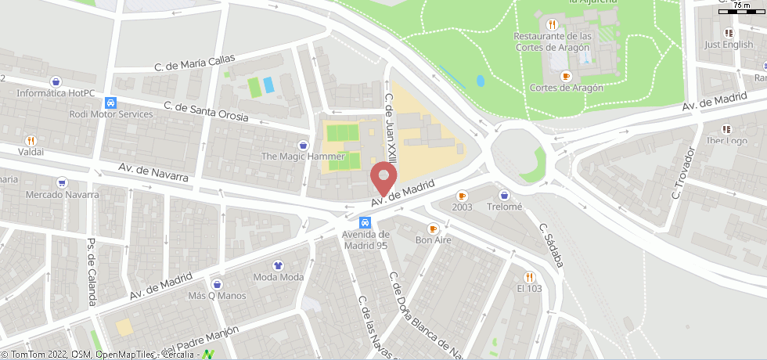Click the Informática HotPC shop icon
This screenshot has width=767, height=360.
[55, 81]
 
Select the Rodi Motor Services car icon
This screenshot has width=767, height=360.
[112, 103]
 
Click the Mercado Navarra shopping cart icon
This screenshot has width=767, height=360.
[62, 182]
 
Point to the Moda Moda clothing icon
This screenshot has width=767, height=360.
[279, 265]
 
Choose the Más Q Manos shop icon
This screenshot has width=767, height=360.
[216, 284]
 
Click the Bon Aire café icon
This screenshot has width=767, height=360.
[433, 229]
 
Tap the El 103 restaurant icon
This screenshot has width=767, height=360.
[529, 276]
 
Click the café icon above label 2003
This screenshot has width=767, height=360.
[462, 196]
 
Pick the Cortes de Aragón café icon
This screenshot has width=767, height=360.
[567, 76]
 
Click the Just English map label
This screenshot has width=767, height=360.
[728, 45]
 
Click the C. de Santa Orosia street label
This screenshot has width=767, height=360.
[206, 112]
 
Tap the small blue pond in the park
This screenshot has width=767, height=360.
[480, 80]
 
